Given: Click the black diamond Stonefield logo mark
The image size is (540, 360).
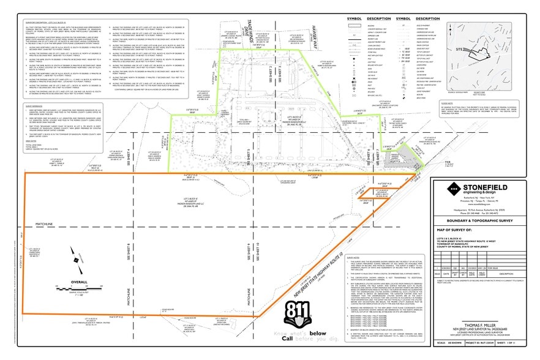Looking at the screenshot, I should pyautogui.click(x=441, y=188).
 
